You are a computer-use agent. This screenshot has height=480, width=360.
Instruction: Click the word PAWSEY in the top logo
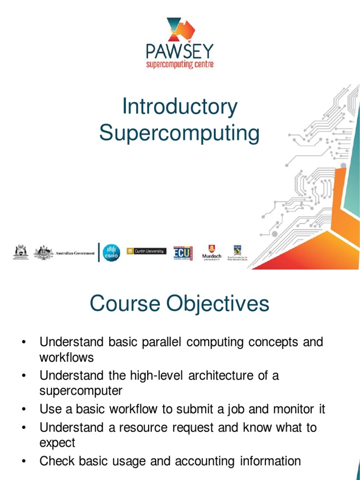(180, 51)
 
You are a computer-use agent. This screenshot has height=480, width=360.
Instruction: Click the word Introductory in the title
(180, 107)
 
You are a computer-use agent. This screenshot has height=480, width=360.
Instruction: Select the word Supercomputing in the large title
(179, 133)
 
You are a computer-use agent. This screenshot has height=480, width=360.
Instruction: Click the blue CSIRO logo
(111, 253)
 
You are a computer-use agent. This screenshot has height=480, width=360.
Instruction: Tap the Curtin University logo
(146, 251)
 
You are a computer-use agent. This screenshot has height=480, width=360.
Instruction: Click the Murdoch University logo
(211, 253)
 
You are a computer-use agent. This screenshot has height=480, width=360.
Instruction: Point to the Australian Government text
(75, 253)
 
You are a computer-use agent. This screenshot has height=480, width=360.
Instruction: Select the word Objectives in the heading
(217, 304)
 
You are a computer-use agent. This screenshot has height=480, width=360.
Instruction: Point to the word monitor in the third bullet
(291, 409)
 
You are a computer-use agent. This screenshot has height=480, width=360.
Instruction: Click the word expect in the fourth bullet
(57, 442)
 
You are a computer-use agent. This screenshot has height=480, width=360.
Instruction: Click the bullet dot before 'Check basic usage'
(23, 462)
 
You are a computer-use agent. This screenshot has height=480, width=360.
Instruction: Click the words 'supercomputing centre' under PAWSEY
(180, 64)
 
